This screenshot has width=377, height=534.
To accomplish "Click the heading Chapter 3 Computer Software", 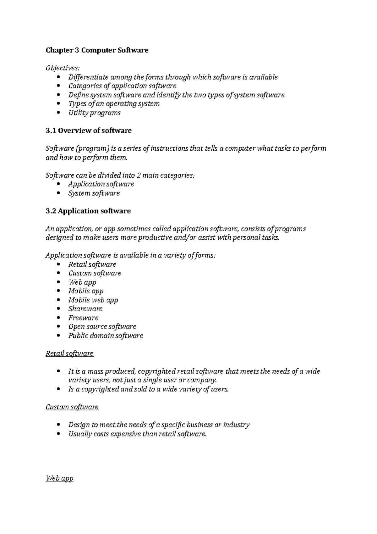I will (x=97, y=50).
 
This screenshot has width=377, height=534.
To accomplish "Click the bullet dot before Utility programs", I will (x=59, y=113).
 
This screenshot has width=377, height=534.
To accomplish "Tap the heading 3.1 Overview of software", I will (x=89, y=131).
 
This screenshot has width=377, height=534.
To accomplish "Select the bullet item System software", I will (x=94, y=193).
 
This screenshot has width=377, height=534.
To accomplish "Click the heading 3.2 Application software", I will (x=88, y=211).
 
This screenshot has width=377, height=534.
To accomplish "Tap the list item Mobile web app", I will (x=93, y=300).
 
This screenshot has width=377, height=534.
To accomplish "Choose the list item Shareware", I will (x=85, y=309).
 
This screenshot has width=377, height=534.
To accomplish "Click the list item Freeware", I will (x=83, y=318).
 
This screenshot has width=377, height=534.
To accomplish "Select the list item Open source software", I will (x=102, y=327).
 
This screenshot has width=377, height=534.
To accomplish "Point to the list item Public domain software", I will (x=106, y=336).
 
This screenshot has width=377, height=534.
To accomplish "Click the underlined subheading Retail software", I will (x=69, y=354).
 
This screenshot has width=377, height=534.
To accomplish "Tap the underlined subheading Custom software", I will (x=72, y=407).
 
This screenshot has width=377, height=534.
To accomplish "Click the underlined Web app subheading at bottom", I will (x=59, y=479).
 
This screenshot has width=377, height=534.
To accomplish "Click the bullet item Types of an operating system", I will (x=114, y=104).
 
